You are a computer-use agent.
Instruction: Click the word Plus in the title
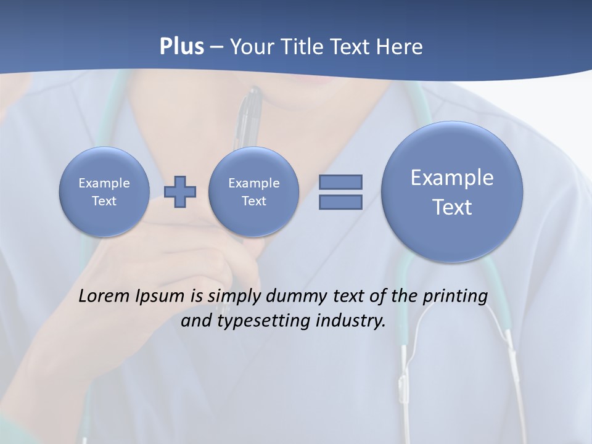click(x=181, y=47)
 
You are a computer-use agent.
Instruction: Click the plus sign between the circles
click(x=180, y=192)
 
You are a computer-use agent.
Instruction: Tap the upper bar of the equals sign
click(x=340, y=182)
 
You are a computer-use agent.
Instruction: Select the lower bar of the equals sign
click(x=340, y=202)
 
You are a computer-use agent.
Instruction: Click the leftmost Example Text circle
click(x=104, y=192)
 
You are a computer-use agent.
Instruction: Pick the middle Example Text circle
click(x=253, y=192)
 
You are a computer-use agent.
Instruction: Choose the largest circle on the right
click(x=452, y=192)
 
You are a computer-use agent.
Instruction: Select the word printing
click(x=455, y=297)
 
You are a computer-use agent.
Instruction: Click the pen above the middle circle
click(x=250, y=117)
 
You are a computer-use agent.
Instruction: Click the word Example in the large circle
click(x=452, y=178)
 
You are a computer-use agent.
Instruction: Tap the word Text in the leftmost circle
click(x=104, y=201)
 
